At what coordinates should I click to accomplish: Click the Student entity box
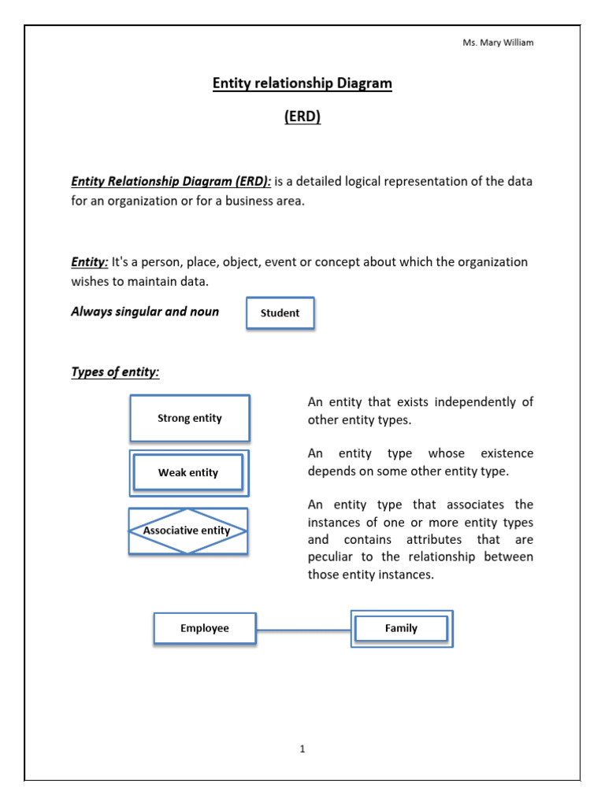click(280, 313)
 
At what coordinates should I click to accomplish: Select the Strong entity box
click(189, 418)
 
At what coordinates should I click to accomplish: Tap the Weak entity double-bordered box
click(188, 473)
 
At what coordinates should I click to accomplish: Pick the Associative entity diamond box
click(187, 531)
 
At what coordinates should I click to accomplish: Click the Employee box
click(204, 628)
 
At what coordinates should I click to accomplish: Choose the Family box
click(401, 628)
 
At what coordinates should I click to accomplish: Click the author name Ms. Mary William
click(498, 43)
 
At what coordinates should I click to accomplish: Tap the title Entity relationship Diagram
click(302, 83)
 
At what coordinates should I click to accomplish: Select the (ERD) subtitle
click(302, 117)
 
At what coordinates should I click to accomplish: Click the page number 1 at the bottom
click(302, 749)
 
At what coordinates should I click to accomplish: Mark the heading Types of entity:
click(115, 372)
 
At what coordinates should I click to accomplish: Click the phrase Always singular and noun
click(145, 312)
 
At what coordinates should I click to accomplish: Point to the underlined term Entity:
click(90, 261)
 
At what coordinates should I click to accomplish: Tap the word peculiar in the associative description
click(332, 557)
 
